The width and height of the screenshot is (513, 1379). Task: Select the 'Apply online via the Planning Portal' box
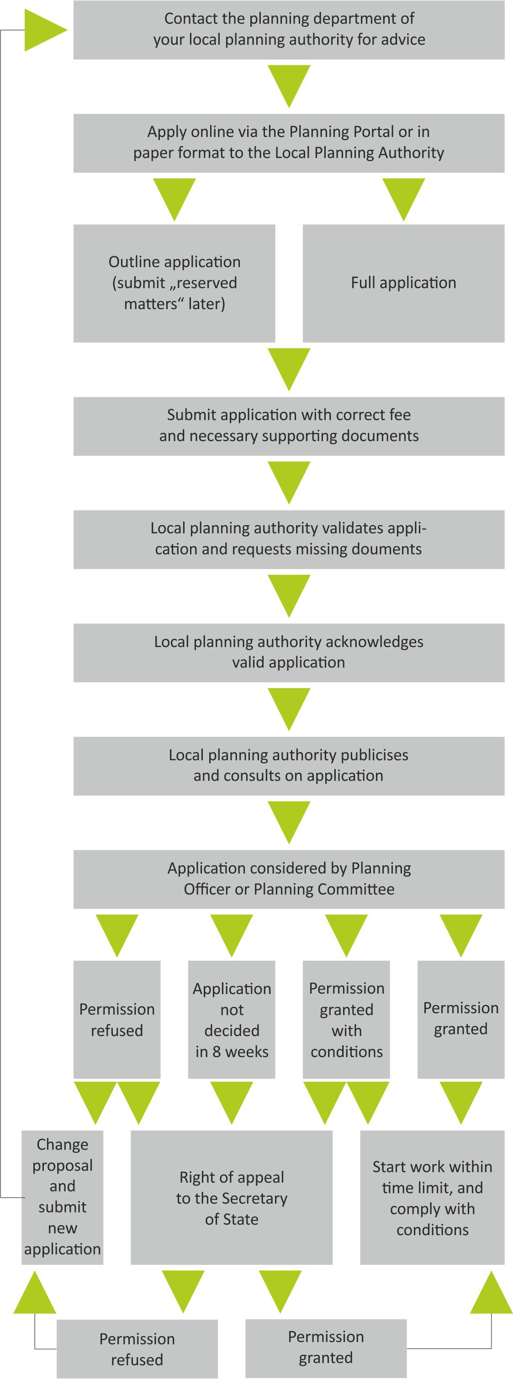pos(289,143)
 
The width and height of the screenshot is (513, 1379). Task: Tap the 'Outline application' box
pos(174,283)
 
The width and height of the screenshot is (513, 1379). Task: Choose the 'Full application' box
pos(403,283)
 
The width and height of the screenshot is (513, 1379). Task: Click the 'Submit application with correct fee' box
pos(289,426)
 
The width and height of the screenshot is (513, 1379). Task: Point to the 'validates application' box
pos(289,539)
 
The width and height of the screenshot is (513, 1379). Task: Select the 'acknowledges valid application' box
pos(289,653)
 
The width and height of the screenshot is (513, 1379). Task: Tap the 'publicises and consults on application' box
pos(289,766)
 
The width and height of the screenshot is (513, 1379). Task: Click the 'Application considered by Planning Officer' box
pos(289,879)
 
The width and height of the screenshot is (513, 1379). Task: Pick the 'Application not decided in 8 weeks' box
pos(231,1019)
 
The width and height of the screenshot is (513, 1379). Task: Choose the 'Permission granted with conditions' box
pos(346,1019)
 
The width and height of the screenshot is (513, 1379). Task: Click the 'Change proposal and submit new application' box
pos(62,1197)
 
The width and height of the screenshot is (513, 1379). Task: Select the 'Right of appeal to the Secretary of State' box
pos(231,1197)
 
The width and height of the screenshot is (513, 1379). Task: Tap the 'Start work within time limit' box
pos(432,1197)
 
